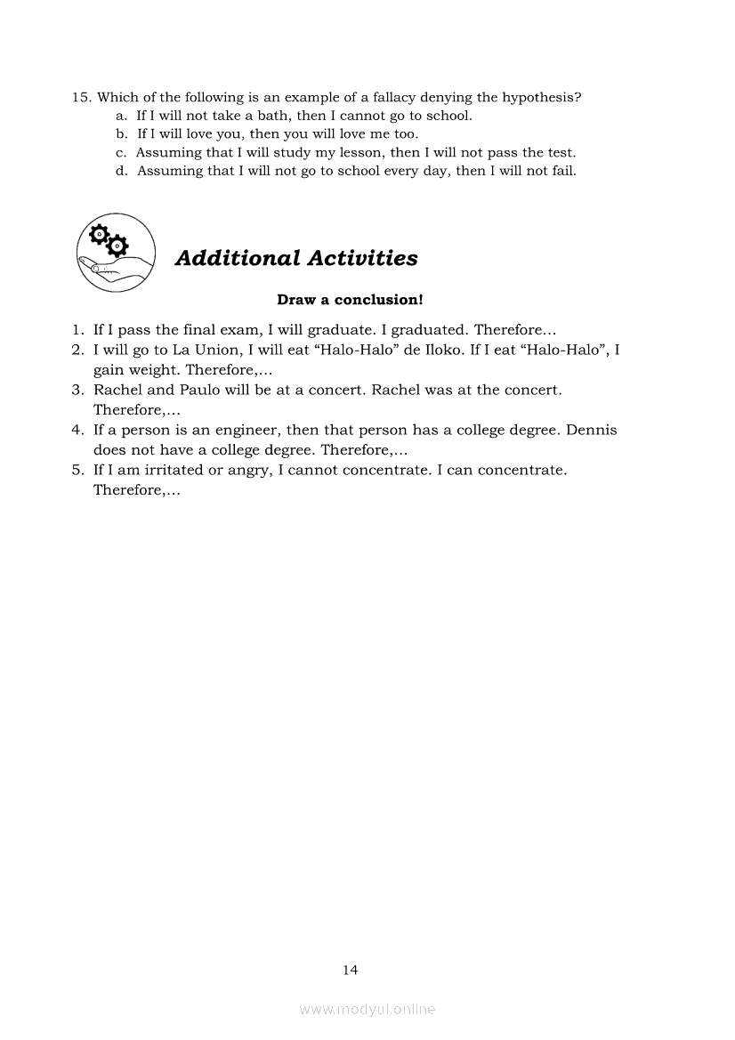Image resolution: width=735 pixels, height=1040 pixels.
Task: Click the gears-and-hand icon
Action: [116, 253]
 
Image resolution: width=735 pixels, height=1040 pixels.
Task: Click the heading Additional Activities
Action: [296, 258]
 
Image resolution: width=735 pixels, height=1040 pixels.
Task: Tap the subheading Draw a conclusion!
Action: [350, 300]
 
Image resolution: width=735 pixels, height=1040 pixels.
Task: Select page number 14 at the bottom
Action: [350, 970]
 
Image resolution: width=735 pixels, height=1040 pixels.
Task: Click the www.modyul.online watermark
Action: [367, 1009]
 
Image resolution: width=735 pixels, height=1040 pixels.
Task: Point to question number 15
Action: [81, 97]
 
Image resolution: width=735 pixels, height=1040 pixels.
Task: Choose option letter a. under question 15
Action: [122, 116]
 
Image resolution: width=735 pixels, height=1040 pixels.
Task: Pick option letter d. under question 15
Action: [122, 171]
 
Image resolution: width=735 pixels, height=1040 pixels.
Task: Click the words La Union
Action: [178, 350]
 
